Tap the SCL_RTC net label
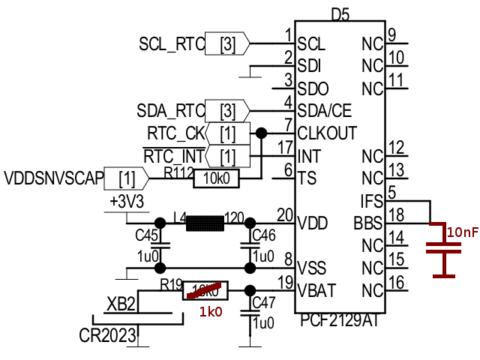coord(172,44)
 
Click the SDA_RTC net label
coord(170,111)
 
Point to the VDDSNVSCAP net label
coord(51,179)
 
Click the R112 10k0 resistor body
coord(217,178)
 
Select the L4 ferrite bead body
coord(205,223)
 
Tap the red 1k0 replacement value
coord(210,312)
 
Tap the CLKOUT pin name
coord(327,133)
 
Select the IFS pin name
coord(371,201)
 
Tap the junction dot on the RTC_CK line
coord(261,133)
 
